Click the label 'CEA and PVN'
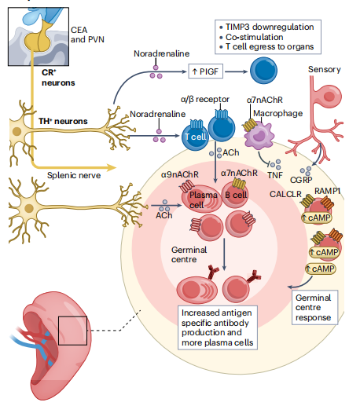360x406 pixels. [86, 35]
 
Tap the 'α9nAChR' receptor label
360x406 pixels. [179, 174]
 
